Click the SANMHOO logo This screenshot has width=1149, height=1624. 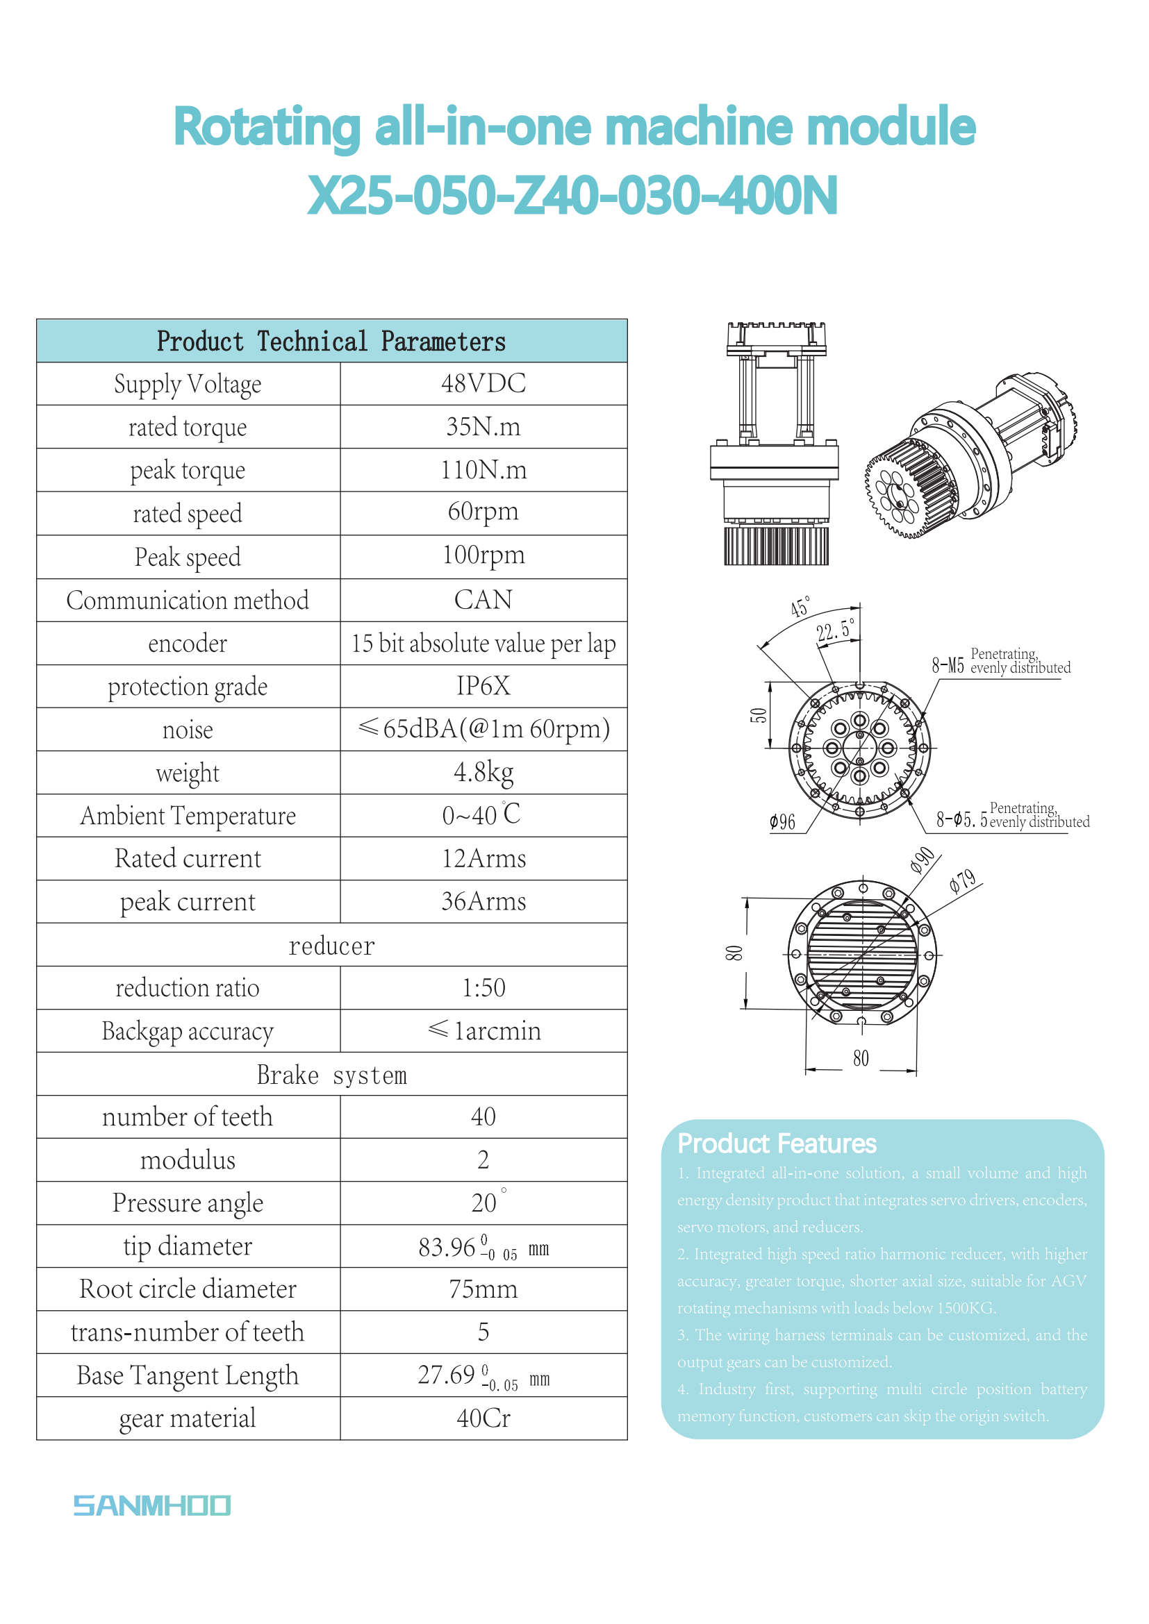(151, 1505)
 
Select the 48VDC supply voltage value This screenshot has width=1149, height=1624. (483, 384)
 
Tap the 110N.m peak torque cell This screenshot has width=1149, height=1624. (483, 470)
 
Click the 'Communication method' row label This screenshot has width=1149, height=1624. (188, 601)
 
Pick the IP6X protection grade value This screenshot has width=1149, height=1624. (483, 686)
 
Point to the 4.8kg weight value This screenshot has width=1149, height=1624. (483, 772)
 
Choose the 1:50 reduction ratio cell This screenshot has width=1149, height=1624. (483, 988)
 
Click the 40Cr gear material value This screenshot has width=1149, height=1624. (483, 1418)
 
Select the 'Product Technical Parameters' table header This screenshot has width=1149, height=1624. (331, 342)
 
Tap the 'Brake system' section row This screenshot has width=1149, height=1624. (331, 1074)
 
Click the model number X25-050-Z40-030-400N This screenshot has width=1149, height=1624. (573, 196)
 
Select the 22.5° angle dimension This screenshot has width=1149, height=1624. (835, 630)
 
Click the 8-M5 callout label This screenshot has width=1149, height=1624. (948, 665)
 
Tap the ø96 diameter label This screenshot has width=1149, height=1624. (782, 822)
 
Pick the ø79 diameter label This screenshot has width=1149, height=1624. (963, 881)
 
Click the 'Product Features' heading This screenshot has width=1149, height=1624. (777, 1144)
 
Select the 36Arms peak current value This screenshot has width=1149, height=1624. (483, 902)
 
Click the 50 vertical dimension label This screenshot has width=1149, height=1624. (758, 715)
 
